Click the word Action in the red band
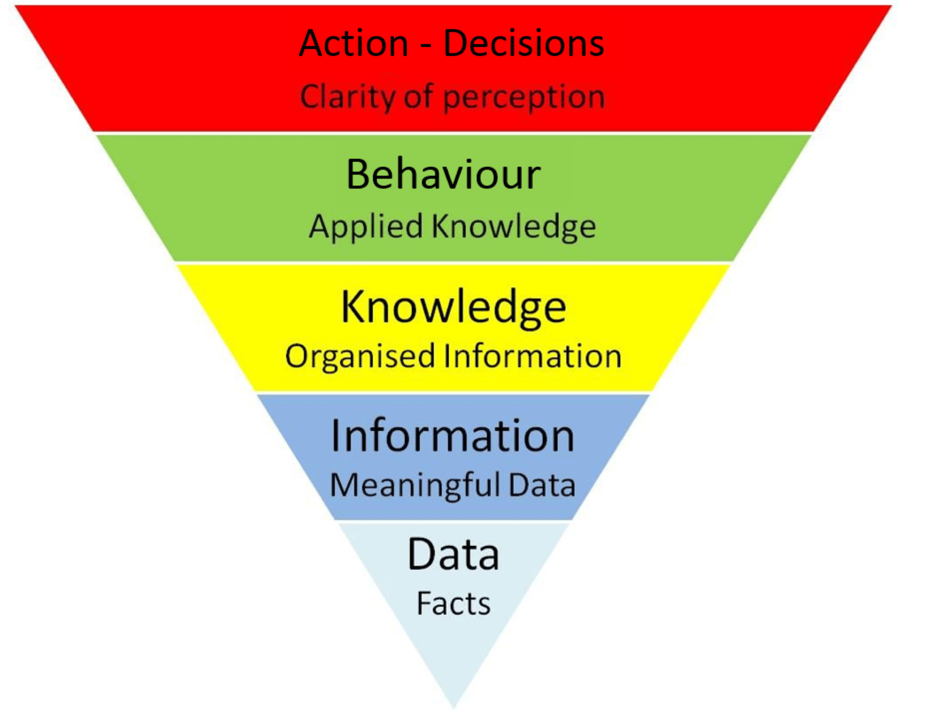[x=353, y=43]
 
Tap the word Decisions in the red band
[x=524, y=43]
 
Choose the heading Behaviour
[x=443, y=174]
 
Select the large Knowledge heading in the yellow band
[x=453, y=307]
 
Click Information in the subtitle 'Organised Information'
[x=532, y=356]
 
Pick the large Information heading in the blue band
[x=452, y=436]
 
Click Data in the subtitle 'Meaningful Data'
[x=542, y=485]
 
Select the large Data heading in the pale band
[x=453, y=555]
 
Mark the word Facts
[x=453, y=604]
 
